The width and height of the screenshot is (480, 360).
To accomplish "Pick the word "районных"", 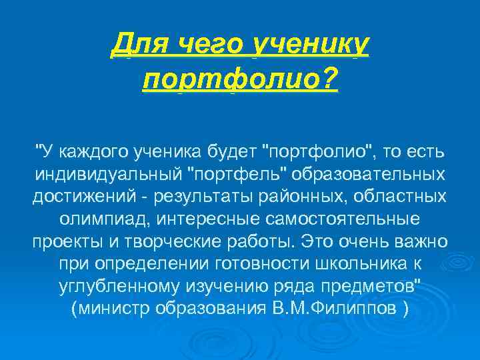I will [x=303, y=197].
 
